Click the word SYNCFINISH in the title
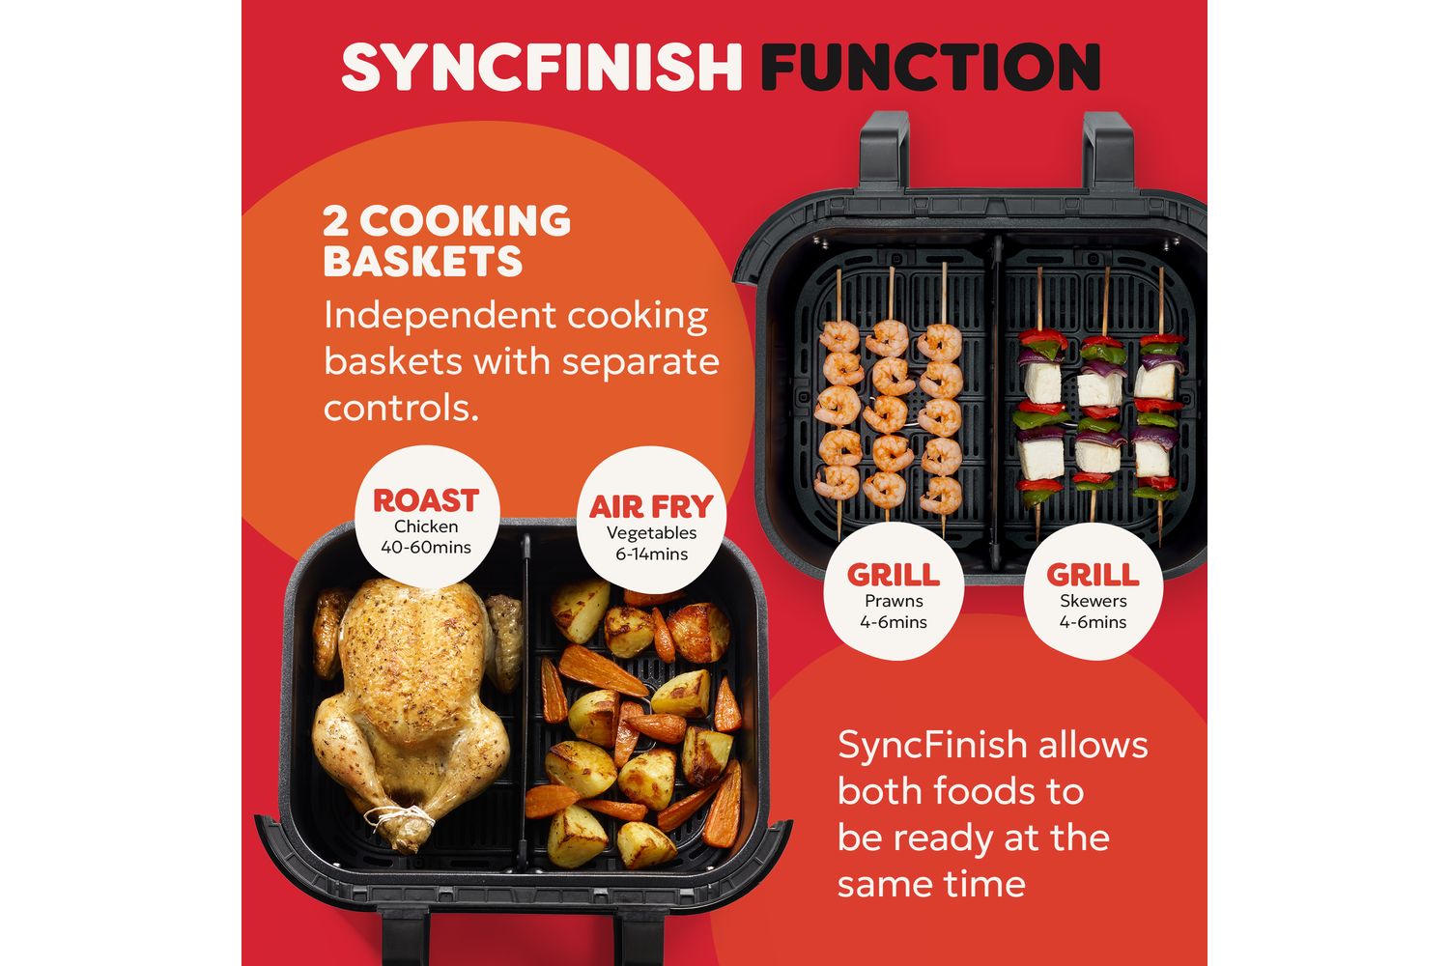[x=541, y=67]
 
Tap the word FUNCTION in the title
[x=930, y=67]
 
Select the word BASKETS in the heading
[x=422, y=262]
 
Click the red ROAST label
[x=426, y=500]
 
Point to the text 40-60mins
[x=426, y=548]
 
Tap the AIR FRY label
[x=651, y=506]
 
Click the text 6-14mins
[x=651, y=554]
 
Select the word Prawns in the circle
[x=894, y=601]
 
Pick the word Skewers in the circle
[x=1094, y=601]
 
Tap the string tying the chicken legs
[x=401, y=819]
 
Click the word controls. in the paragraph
[x=401, y=409]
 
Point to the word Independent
[x=440, y=317]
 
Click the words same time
[x=931, y=885]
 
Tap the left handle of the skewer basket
[x=884, y=149]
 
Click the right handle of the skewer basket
[x=1108, y=150]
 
